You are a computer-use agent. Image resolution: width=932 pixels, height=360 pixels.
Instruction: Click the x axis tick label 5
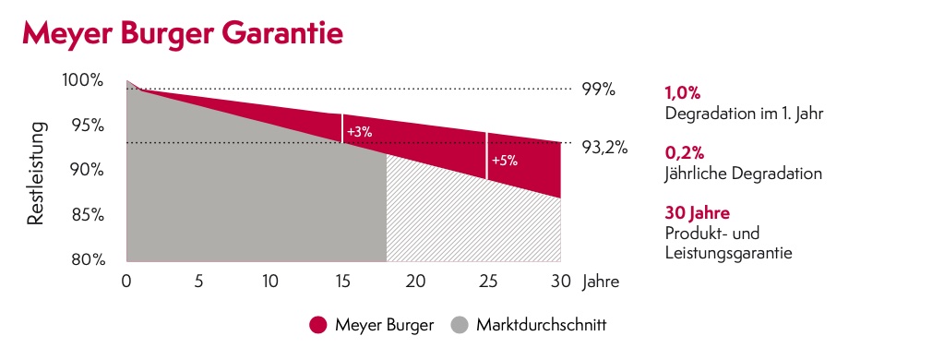pos(198,282)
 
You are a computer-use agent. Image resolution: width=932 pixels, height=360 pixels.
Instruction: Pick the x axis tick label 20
pos(414,282)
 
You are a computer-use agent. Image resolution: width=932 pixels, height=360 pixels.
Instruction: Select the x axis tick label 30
pos(559,282)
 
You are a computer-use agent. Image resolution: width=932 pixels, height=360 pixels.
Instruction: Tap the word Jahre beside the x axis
pos(601,282)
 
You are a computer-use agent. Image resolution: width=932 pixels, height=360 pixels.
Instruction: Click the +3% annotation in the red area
pos(359,132)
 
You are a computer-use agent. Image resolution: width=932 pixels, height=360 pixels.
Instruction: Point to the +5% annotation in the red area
pos(504,160)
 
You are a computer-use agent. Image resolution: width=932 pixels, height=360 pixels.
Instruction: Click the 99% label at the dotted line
pos(598,90)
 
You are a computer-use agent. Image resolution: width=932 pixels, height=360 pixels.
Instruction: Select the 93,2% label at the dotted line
pos(604,146)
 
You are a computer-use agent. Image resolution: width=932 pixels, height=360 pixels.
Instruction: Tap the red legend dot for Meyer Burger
pos(318,325)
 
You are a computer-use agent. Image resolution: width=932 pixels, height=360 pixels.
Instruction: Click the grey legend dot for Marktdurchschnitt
pos(460,325)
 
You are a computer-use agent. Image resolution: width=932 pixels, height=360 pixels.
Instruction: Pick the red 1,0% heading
pos(682,93)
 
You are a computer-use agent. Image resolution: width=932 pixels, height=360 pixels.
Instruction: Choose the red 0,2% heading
pos(684,152)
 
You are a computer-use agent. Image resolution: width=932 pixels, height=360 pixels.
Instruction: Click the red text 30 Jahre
pos(697,213)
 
